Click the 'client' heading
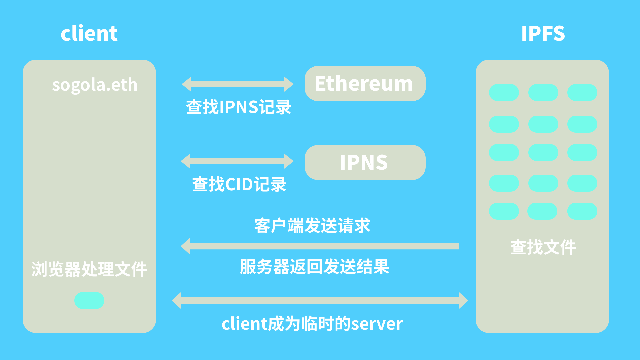coord(89,33)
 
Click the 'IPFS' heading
coord(543,33)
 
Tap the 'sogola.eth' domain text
coord(95,85)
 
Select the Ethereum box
coord(365,83)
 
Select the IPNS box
coord(365,162)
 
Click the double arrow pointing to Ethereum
coord(237,84)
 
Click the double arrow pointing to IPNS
coord(237,161)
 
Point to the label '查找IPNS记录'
coord(238,107)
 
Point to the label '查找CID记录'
coord(239,184)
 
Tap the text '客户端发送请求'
coord(312,226)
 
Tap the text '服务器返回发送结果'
coord(314,267)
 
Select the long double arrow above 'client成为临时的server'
coord(320,300)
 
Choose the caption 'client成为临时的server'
coord(312,324)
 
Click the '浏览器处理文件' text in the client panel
coord(89,269)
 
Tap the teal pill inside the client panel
coord(89,300)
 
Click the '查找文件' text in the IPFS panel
coord(543,247)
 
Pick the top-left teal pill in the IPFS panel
coord(504,92)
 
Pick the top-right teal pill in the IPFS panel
coord(582,92)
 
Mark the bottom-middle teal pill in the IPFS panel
coord(542,211)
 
